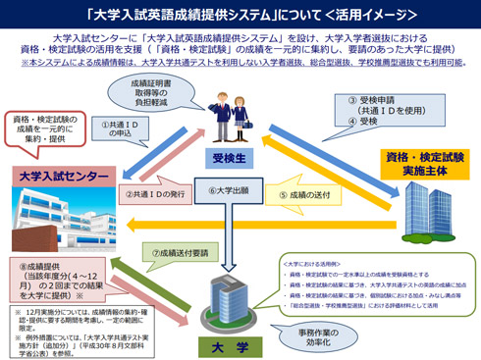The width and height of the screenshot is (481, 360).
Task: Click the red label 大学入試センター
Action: [x=63, y=175]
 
